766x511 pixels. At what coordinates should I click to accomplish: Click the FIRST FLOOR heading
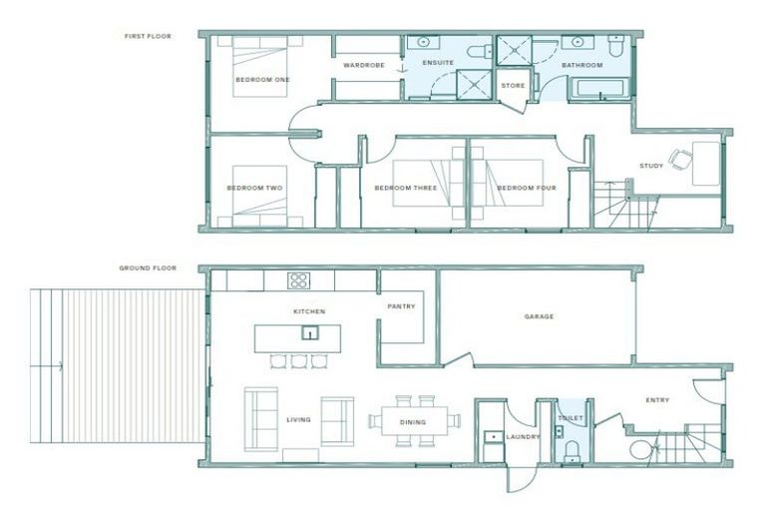148,36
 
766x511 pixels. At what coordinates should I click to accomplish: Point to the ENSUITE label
438,63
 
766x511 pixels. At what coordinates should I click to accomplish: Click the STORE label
513,86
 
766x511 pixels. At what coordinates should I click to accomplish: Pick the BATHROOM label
581,65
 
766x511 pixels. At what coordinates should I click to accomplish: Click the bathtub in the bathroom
599,88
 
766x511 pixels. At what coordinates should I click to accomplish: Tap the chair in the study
680,159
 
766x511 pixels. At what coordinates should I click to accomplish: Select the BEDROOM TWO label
254,188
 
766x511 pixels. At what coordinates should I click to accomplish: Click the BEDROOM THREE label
402,188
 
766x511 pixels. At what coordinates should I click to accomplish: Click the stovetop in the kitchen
298,280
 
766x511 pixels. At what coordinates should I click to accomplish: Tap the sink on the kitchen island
311,333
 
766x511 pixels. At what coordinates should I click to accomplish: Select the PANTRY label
402,306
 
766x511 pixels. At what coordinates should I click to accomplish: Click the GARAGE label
539,316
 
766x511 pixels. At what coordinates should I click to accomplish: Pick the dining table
413,421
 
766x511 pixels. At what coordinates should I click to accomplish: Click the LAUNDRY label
523,436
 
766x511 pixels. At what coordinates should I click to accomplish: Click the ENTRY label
657,400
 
